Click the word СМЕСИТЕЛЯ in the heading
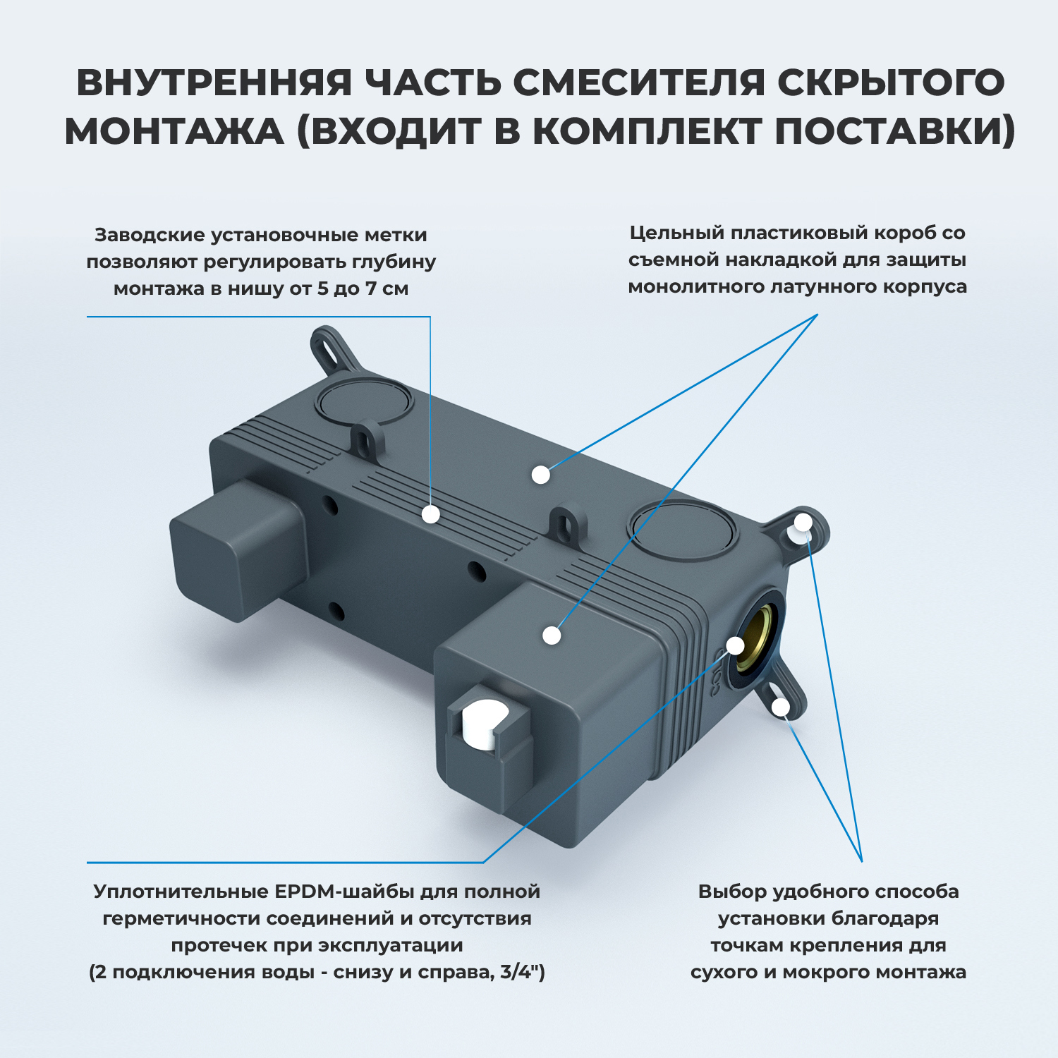[638, 83]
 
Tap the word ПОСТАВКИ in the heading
[895, 131]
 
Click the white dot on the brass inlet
[736, 645]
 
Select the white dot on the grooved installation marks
[431, 514]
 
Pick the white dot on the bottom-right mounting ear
[780, 706]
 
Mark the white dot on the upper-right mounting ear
[803, 523]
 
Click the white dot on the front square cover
[552, 635]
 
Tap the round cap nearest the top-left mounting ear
[364, 401]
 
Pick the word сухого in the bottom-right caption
[724, 972]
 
